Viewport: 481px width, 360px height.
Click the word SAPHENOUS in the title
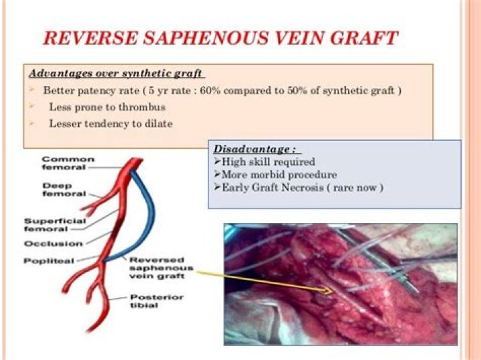[206, 38]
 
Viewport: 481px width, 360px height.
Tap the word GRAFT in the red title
[364, 38]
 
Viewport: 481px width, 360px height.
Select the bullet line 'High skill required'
[265, 162]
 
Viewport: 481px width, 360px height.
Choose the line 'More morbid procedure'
[276, 175]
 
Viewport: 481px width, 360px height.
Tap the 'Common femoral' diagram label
[68, 163]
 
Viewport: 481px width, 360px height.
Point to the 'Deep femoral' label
[64, 190]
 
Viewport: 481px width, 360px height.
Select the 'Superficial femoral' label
[55, 225]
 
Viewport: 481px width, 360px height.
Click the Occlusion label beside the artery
[53, 244]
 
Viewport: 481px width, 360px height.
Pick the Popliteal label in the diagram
[49, 261]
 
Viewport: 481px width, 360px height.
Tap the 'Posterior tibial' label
[156, 301]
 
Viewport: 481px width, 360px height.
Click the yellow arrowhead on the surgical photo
[327, 291]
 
